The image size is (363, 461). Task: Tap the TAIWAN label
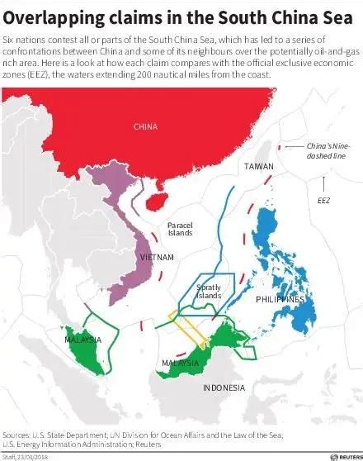tap(258, 168)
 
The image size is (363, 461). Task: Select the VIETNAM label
tap(157, 258)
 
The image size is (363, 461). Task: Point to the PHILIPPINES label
tap(280, 299)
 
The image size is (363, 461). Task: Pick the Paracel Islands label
tap(179, 229)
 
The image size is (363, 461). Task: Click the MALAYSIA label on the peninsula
tap(82, 340)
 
